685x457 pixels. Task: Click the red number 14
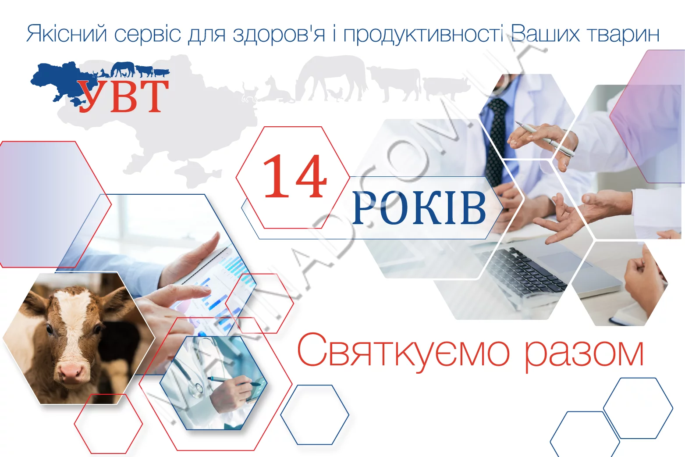pyautogui.click(x=295, y=177)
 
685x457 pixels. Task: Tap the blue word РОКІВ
pyautogui.click(x=419, y=208)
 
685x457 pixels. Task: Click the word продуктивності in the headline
pyautogui.click(x=423, y=34)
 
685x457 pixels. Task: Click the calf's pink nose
pyautogui.click(x=71, y=373)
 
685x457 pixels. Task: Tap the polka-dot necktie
pyautogui.click(x=497, y=140)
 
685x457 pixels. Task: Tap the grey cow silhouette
pyautogui.click(x=394, y=81)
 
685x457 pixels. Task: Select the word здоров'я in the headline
pyautogui.click(x=279, y=34)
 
